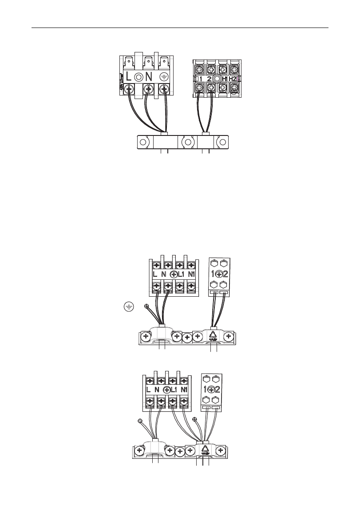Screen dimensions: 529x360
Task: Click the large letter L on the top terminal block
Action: pos(129,76)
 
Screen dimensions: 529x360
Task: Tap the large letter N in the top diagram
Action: pos(149,76)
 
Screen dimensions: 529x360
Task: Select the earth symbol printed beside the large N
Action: pos(164,76)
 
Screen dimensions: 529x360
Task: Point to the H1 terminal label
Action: pos(225,79)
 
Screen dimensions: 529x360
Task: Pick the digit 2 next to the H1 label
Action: pos(209,79)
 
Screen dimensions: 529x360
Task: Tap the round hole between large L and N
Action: pos(139,76)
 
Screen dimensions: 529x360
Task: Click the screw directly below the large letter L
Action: pos(129,89)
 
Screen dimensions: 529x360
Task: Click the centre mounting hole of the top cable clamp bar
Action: pos(188,143)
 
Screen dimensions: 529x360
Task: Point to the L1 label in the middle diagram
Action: pos(181,274)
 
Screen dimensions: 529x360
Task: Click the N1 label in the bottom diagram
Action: pos(184,390)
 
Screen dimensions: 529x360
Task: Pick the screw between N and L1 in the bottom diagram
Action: pos(166,390)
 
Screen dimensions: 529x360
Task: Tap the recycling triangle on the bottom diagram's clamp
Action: pos(205,449)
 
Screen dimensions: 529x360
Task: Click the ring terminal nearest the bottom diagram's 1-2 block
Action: pos(194,418)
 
